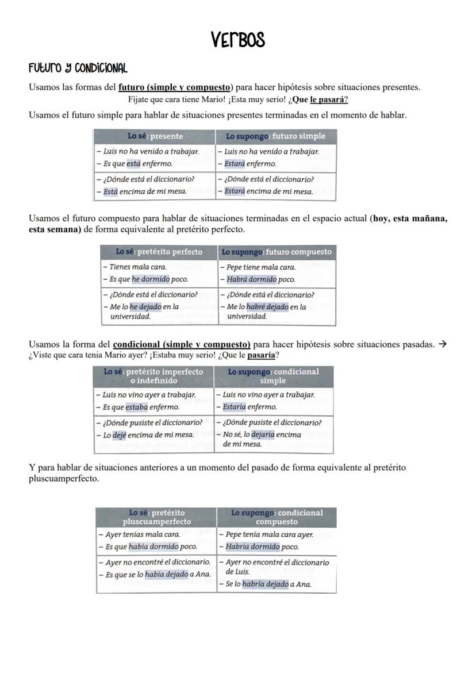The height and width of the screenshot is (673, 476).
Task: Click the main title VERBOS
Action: click(237, 40)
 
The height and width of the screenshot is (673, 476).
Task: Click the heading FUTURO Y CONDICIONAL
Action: click(78, 68)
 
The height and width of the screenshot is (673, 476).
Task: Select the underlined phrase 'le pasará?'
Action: click(329, 99)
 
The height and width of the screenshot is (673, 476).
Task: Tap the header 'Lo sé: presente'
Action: click(155, 136)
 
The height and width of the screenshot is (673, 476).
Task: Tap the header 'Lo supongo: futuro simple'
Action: click(275, 136)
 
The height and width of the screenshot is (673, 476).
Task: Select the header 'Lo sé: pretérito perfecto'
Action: click(159, 252)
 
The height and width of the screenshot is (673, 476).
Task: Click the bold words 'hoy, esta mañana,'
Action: click(410, 219)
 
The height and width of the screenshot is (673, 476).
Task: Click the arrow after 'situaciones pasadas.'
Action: click(442, 344)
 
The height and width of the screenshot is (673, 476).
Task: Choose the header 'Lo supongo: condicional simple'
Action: click(273, 376)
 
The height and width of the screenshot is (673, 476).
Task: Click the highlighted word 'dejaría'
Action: click(263, 434)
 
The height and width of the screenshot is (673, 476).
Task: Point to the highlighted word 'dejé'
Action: click(119, 434)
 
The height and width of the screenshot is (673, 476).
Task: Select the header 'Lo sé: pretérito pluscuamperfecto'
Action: click(156, 517)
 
